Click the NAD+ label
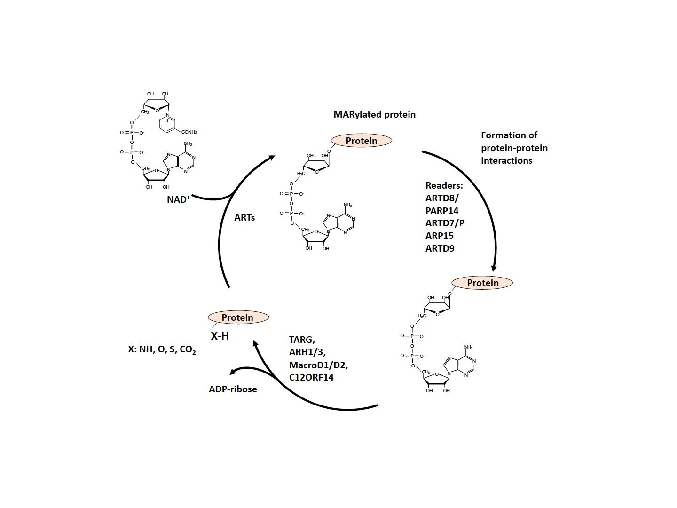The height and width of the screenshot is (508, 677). pos(178,199)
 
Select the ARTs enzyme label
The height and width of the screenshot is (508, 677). pos(244,217)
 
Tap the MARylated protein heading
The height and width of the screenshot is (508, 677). pos(374,114)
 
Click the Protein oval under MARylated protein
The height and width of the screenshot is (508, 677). pos(362,141)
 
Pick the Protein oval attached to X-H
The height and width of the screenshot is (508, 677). pos(238,317)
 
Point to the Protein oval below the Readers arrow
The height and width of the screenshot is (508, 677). pos(482,283)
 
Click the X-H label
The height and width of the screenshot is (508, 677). pos(220,336)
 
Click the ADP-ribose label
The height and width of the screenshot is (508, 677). pos(233,389)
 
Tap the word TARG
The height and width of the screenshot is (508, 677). pos(302,340)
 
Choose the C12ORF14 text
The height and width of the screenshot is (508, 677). pos(311,377)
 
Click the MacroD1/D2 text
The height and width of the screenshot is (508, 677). pos(318,365)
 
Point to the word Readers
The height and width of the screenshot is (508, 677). pos(444,185)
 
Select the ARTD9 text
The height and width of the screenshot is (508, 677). pos(440,248)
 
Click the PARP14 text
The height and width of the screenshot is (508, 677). pos(441,211)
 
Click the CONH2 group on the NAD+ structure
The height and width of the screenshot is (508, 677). pos(189,132)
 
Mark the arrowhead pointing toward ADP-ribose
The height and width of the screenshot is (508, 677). pos(233,372)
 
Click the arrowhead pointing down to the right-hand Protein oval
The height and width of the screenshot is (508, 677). pos(494,268)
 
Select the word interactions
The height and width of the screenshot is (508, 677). pos(506,160)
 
